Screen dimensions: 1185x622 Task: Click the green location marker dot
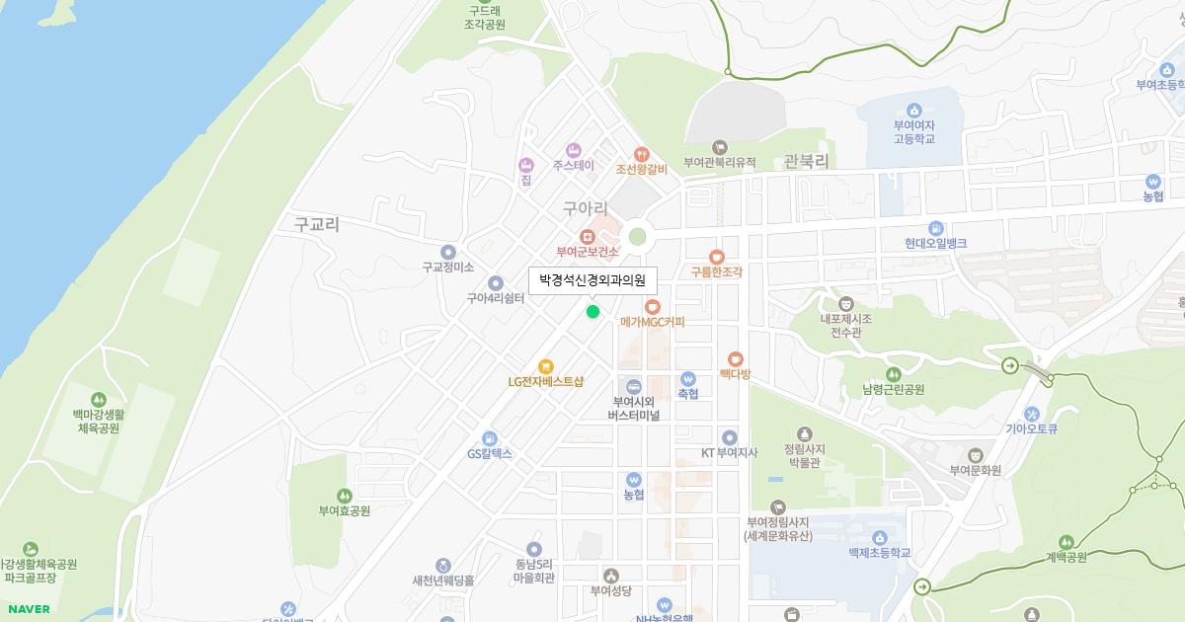point(592,312)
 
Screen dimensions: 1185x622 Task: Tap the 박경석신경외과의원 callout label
point(592,280)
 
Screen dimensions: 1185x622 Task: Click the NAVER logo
point(27,609)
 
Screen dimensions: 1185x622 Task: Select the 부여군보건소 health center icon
point(587,236)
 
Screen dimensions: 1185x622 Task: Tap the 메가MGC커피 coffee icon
point(652,307)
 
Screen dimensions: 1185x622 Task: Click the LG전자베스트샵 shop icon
point(545,366)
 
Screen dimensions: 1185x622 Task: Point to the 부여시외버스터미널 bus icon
point(634,386)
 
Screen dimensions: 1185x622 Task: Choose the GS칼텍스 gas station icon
point(490,438)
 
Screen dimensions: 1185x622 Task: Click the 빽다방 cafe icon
point(735,358)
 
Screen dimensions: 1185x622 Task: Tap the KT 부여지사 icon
point(729,436)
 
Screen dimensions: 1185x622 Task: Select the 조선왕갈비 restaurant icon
point(642,153)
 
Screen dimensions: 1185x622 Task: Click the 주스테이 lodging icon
point(573,149)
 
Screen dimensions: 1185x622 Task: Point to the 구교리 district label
point(316,224)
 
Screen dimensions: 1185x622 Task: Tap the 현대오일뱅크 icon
point(936,228)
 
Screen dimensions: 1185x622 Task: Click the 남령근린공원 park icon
point(893,374)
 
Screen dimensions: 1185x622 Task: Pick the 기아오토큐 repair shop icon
point(1032,414)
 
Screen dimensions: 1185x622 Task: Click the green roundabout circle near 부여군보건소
point(638,236)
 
